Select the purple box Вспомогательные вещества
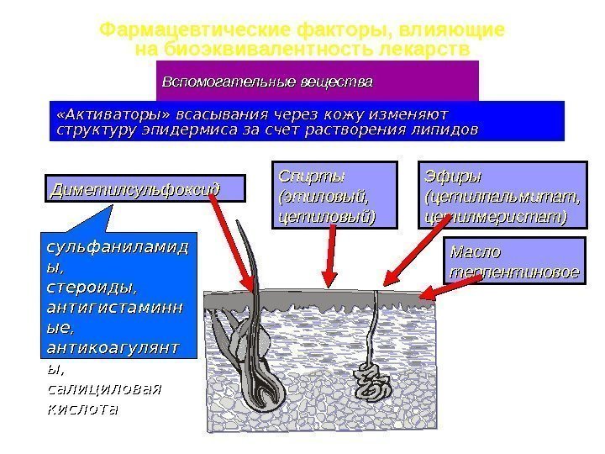(318, 82)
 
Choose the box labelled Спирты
(324, 196)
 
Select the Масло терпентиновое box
(514, 261)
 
